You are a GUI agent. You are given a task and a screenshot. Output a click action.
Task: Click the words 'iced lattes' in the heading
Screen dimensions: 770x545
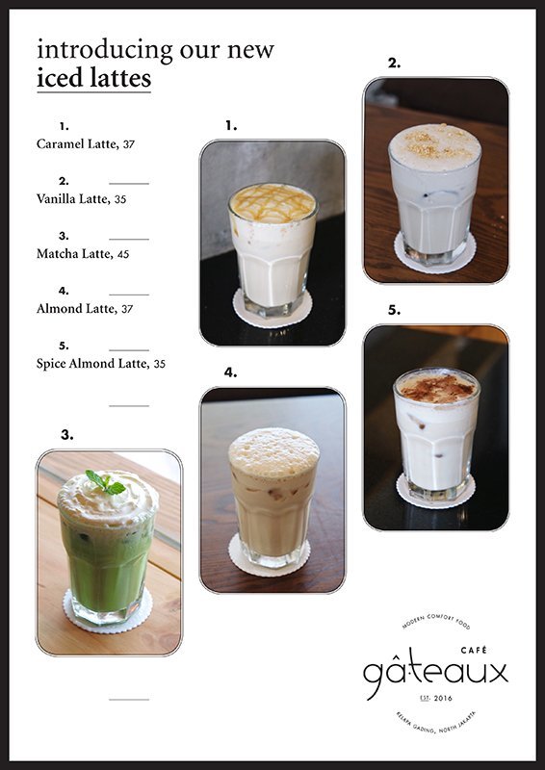[93, 78]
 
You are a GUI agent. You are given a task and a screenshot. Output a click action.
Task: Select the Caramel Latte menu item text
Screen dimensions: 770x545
[77, 143]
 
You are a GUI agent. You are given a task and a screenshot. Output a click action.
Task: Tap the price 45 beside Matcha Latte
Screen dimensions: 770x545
[123, 254]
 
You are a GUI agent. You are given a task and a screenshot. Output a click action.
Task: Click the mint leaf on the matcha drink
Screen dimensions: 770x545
[105, 481]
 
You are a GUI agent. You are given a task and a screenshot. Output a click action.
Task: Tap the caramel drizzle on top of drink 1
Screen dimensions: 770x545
[272, 202]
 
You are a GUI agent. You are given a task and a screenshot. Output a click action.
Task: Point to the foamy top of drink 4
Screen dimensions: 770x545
[273, 450]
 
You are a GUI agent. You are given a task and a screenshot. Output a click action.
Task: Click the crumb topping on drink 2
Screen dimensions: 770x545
[434, 143]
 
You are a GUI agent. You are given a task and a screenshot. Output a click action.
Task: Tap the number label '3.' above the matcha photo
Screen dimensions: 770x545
[67, 435]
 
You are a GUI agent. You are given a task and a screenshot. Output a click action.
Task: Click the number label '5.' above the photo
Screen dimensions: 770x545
[394, 311]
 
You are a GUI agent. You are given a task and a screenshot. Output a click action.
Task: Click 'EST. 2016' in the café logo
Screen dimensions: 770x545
[436, 698]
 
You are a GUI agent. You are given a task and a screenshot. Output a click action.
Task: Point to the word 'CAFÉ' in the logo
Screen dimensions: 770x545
[487, 651]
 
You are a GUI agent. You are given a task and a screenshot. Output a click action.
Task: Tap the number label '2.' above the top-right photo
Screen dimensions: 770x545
[394, 64]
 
